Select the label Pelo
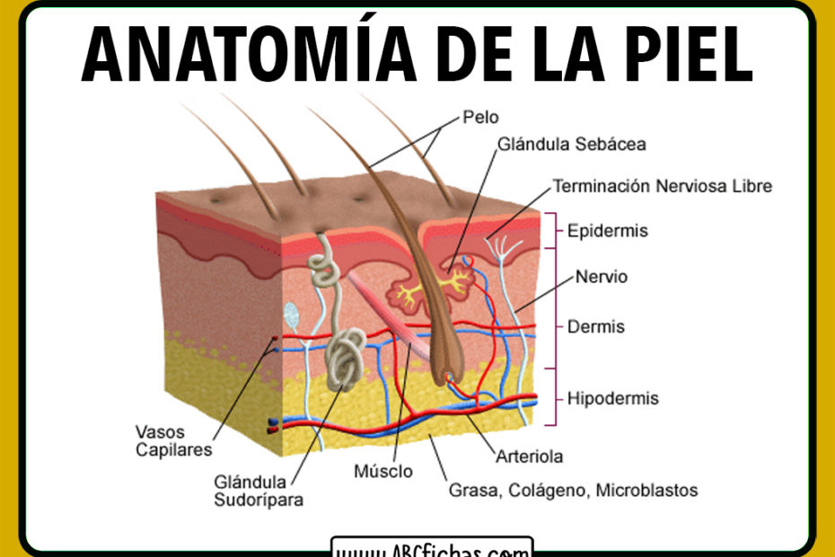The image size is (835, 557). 480,117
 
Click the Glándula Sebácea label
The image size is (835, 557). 571,144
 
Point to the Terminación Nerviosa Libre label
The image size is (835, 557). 662,187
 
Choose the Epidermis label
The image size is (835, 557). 607,231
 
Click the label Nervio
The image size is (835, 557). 601,277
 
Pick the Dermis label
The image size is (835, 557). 596,327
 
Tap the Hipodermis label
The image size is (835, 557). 612,398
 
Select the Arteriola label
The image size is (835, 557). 530,456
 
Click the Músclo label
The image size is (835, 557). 383,471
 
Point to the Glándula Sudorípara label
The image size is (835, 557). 259,491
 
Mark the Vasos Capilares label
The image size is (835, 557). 174,440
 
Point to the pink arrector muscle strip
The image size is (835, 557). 386,314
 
